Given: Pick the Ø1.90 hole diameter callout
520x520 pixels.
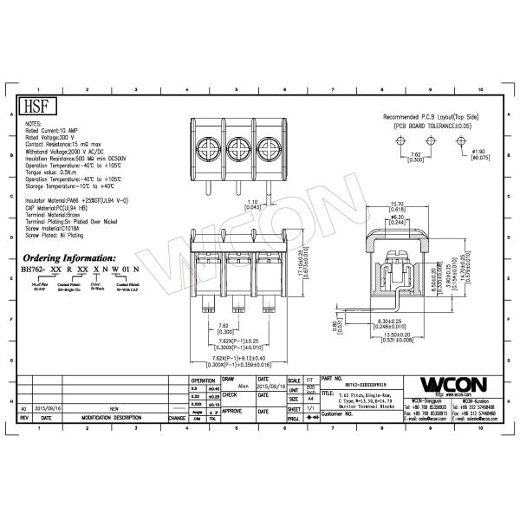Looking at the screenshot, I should click(479, 155).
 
